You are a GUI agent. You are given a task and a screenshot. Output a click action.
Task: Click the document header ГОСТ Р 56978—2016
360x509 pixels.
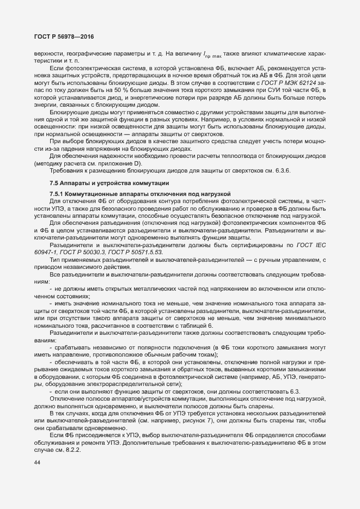(x=62, y=36)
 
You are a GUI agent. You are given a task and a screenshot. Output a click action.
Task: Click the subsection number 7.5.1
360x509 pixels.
(x=58, y=194)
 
